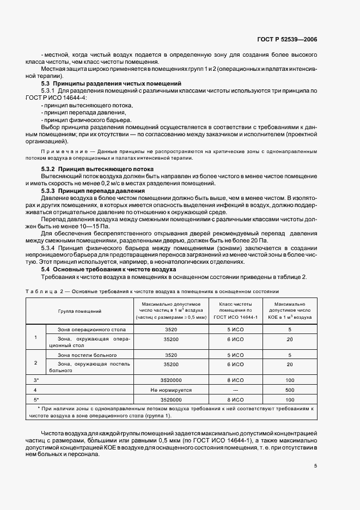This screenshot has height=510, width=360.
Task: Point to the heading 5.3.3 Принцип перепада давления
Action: [93, 191]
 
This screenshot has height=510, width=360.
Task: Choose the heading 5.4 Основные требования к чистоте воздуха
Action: [109, 269]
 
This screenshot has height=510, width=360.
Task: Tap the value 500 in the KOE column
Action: [290, 390]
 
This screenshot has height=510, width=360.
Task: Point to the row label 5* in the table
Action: [36, 399]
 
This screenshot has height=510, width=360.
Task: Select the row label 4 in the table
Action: [35, 390]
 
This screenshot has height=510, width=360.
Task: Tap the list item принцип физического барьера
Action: [87, 119]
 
